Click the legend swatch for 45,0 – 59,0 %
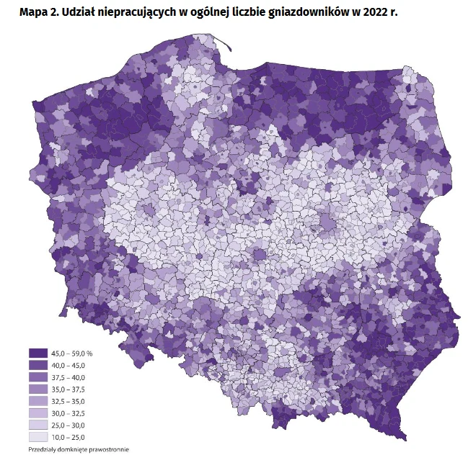point(37,353)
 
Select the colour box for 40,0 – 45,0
point(37,366)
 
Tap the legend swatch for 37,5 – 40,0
point(37,377)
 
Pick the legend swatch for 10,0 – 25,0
point(37,436)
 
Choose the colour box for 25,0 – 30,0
point(37,425)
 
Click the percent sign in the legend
point(91,353)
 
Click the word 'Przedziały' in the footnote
point(43,451)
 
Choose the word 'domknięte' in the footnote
point(73,451)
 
